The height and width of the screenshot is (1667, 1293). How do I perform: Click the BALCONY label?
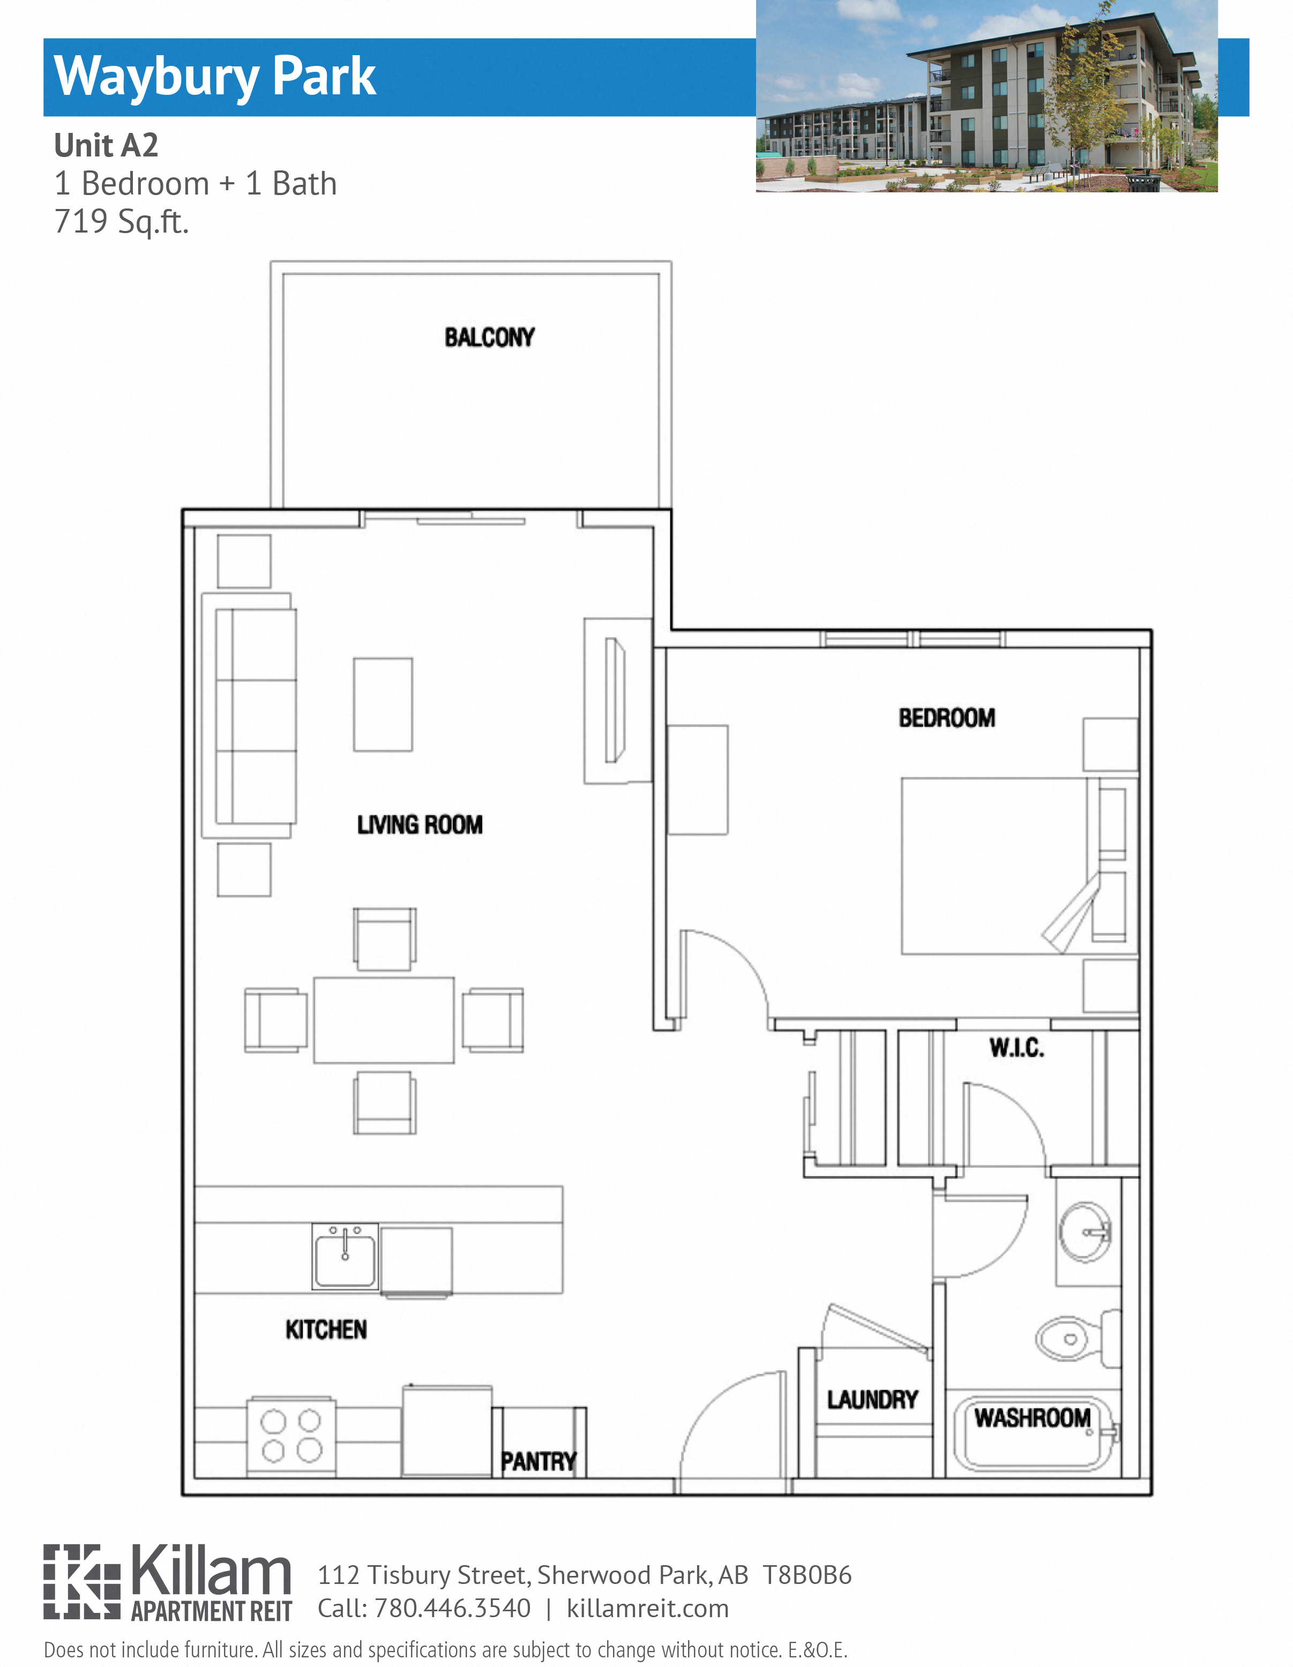489,338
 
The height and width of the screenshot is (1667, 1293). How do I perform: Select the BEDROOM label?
946,717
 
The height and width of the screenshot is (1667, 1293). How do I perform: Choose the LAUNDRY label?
872,1399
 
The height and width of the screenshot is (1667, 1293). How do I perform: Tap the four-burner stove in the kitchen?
291,1436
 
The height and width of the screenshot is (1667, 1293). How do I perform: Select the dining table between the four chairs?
383,1020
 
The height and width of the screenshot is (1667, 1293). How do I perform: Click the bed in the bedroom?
992,865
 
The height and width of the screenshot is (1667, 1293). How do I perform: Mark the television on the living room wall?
615,700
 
